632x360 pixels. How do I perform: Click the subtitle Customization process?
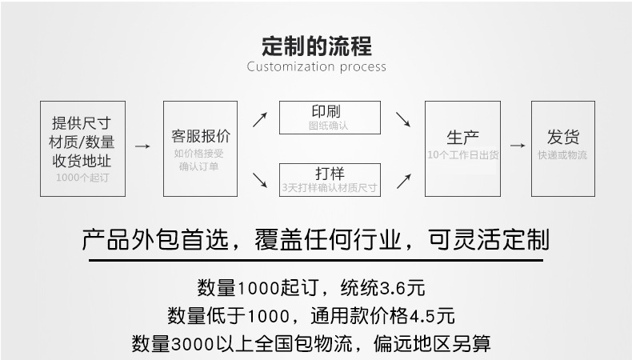(x=316, y=66)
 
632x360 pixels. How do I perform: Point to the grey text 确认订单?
(x=200, y=166)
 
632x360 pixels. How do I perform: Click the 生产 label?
(x=462, y=136)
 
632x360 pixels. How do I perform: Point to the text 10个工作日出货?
(x=462, y=154)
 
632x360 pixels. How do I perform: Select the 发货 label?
(x=563, y=136)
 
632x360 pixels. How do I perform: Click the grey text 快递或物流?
(x=562, y=154)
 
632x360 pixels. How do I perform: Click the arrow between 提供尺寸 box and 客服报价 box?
(x=142, y=146)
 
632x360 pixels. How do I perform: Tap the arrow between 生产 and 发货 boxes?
(x=518, y=146)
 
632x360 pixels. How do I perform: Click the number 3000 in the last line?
(x=188, y=344)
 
